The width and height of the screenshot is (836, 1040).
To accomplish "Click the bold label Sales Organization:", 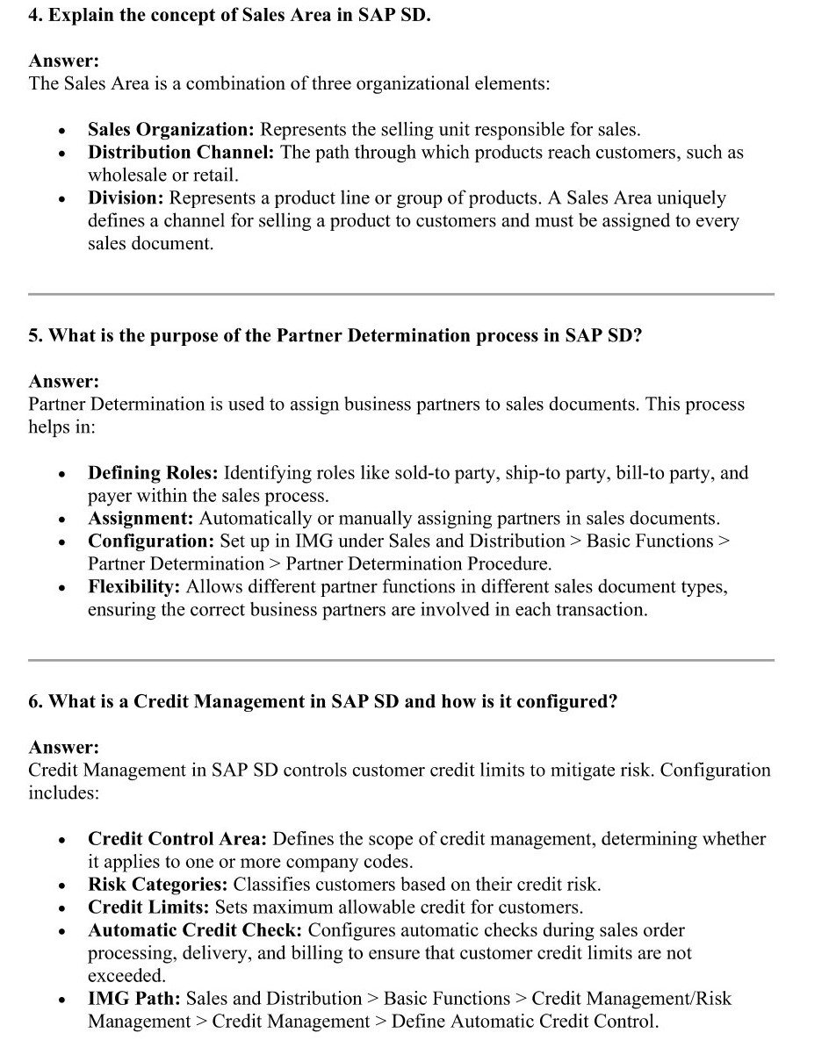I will [x=170, y=130].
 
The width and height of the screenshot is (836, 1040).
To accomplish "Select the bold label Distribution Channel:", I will [x=181, y=153].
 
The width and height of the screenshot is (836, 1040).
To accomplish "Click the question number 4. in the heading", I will [x=36, y=16].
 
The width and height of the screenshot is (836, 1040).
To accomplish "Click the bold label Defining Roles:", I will [x=152, y=473].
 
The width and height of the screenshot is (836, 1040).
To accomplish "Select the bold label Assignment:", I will [x=141, y=519].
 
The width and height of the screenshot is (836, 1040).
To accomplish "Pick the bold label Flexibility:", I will [x=134, y=586].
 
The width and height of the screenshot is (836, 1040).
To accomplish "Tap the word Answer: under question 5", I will [x=63, y=382].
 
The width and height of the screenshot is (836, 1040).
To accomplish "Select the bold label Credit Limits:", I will [x=148, y=907].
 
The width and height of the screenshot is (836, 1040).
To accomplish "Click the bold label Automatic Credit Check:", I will [x=195, y=930].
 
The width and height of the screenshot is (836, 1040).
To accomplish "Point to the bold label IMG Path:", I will [x=133, y=999].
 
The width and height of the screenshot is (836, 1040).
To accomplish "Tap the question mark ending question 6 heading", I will [x=613, y=703].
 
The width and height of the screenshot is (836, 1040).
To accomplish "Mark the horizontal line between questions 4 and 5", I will [x=400, y=294].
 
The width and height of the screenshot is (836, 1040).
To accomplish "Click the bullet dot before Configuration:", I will [x=61, y=542].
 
